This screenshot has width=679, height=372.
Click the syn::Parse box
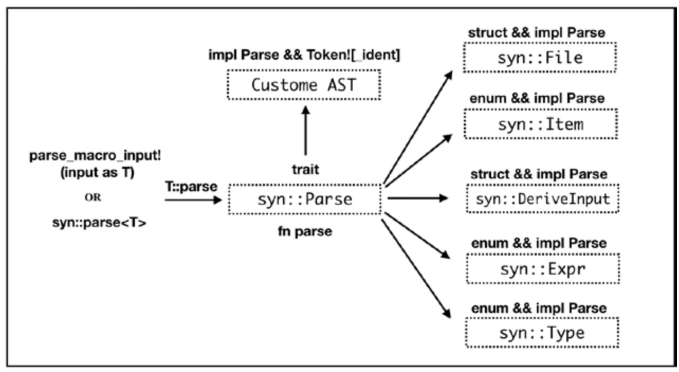[304, 199]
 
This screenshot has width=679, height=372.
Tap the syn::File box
[540, 57]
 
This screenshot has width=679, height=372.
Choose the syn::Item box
[540, 124]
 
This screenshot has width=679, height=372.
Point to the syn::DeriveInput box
[543, 199]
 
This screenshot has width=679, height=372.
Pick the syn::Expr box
[543, 269]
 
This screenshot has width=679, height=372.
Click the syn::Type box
[542, 333]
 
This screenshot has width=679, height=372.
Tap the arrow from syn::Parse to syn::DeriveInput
[418, 198]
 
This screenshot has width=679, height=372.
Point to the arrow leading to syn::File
[418, 127]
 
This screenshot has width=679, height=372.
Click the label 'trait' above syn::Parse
[305, 169]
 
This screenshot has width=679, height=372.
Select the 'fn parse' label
[305, 231]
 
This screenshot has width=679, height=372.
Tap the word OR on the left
[92, 197]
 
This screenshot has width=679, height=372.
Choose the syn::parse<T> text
[92, 223]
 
